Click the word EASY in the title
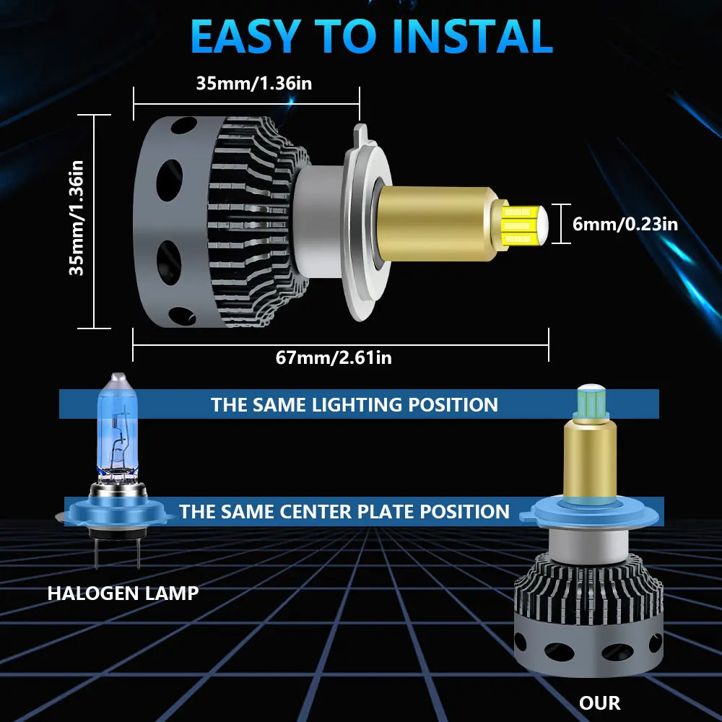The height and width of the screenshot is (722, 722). (x=246, y=37)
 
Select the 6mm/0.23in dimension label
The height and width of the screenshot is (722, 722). (x=625, y=224)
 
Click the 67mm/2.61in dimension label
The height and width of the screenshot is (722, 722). (x=334, y=358)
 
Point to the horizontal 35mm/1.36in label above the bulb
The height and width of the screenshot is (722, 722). (x=253, y=83)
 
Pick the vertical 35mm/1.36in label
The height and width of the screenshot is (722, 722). (x=76, y=218)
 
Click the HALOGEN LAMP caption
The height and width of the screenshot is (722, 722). (x=123, y=593)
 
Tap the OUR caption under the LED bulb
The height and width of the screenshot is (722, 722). (x=599, y=703)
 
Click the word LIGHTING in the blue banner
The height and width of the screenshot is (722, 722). (x=357, y=405)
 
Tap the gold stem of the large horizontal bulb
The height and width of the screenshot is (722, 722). (x=438, y=225)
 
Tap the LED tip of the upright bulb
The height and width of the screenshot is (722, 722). (x=592, y=401)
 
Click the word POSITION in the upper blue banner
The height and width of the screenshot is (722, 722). (x=453, y=405)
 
